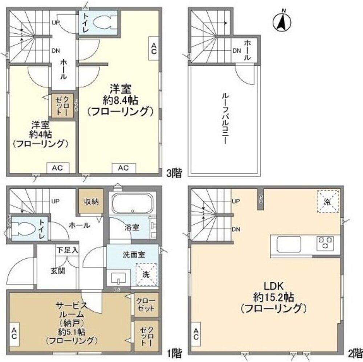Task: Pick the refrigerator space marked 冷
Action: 327,201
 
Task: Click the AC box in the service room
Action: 14,333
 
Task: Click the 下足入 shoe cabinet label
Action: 67,250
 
